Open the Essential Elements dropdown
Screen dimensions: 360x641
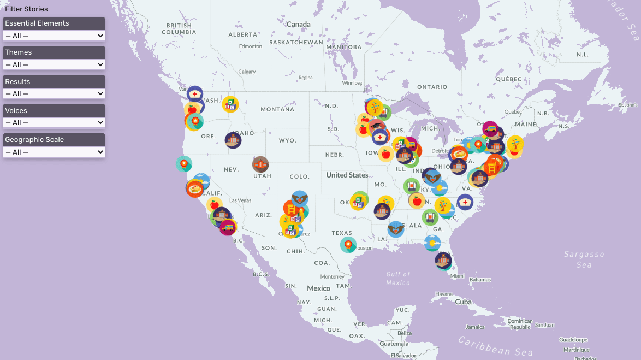click(54, 36)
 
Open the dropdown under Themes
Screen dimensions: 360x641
click(54, 64)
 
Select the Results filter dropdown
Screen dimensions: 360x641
click(54, 94)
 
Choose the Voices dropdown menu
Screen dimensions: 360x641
click(54, 123)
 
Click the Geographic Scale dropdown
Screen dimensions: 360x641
click(54, 152)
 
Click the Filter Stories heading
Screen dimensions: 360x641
click(26, 9)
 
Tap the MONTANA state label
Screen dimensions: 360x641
click(277, 109)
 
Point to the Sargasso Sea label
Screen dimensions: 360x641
click(584, 259)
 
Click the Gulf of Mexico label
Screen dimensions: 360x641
click(398, 278)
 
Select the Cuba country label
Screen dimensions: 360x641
click(463, 302)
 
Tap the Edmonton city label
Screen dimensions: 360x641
click(251, 46)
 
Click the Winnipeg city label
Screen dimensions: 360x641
click(352, 83)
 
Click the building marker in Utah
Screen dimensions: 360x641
click(260, 164)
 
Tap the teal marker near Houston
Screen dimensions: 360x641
click(348, 245)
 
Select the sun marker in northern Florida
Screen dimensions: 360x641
click(432, 243)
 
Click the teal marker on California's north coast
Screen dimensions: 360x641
click(183, 163)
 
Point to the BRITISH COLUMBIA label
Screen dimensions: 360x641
click(179, 29)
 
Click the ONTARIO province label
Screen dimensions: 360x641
click(432, 87)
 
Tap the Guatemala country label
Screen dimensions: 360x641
click(394, 344)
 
